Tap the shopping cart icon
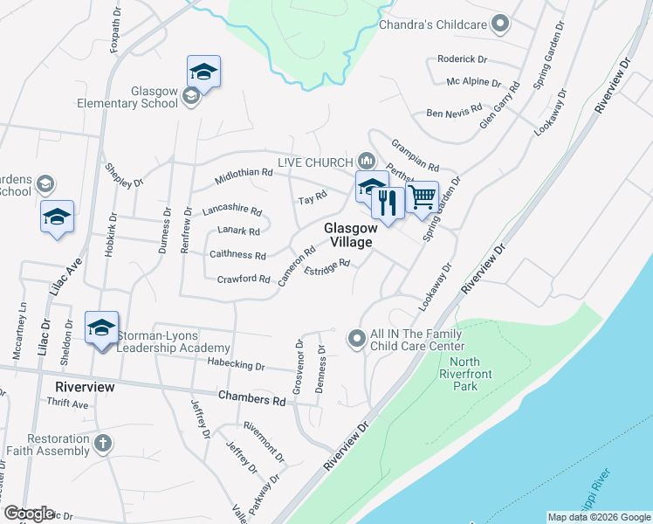(423, 197)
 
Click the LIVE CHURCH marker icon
(367, 161)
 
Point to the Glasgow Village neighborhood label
(348, 234)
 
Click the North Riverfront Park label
(465, 373)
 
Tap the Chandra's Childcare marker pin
(500, 24)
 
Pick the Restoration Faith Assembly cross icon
(102, 443)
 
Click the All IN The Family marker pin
(356, 338)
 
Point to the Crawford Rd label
(244, 279)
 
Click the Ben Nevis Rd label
(454, 112)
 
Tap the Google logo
(29, 514)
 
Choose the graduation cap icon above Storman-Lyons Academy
(101, 327)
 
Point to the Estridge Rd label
(326, 267)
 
